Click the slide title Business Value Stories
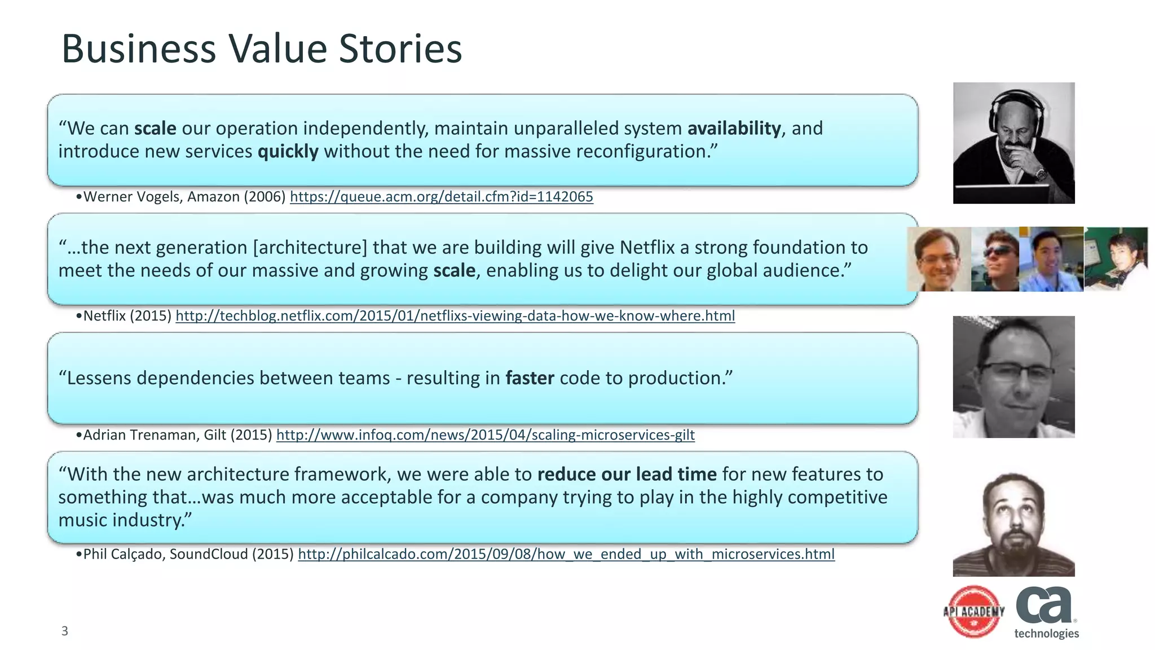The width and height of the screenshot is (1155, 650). tap(261, 49)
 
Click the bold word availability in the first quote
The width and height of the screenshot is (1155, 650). tap(734, 128)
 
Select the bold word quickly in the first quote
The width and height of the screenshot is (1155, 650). tap(288, 151)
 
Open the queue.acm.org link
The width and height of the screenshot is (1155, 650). tap(441, 196)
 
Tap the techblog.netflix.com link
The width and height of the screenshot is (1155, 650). tap(455, 315)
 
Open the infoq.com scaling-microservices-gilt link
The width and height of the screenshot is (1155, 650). tap(485, 435)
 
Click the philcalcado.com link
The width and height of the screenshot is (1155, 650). tap(566, 554)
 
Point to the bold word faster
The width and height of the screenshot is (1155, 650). tap(530, 378)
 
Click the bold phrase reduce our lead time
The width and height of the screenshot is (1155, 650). tap(627, 474)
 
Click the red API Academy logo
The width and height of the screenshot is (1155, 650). tap(974, 612)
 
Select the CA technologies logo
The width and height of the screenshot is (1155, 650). tap(1046, 612)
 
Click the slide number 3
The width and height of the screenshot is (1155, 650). tap(64, 631)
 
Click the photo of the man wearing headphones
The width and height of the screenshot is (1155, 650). tap(1013, 143)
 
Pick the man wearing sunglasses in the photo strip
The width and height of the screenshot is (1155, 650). tap(996, 260)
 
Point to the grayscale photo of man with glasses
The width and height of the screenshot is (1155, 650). tap(1013, 376)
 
